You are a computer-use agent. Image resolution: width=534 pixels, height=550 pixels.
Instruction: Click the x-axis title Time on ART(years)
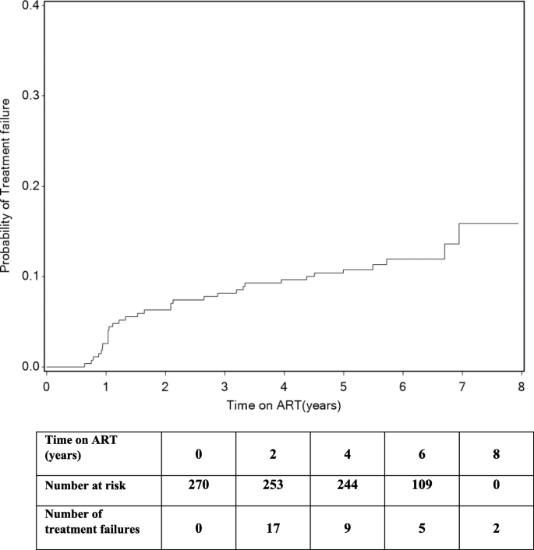[x=284, y=406]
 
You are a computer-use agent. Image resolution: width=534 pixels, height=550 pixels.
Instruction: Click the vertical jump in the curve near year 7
[x=459, y=234]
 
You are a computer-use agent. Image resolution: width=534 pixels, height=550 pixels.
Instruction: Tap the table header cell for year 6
[x=420, y=451]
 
